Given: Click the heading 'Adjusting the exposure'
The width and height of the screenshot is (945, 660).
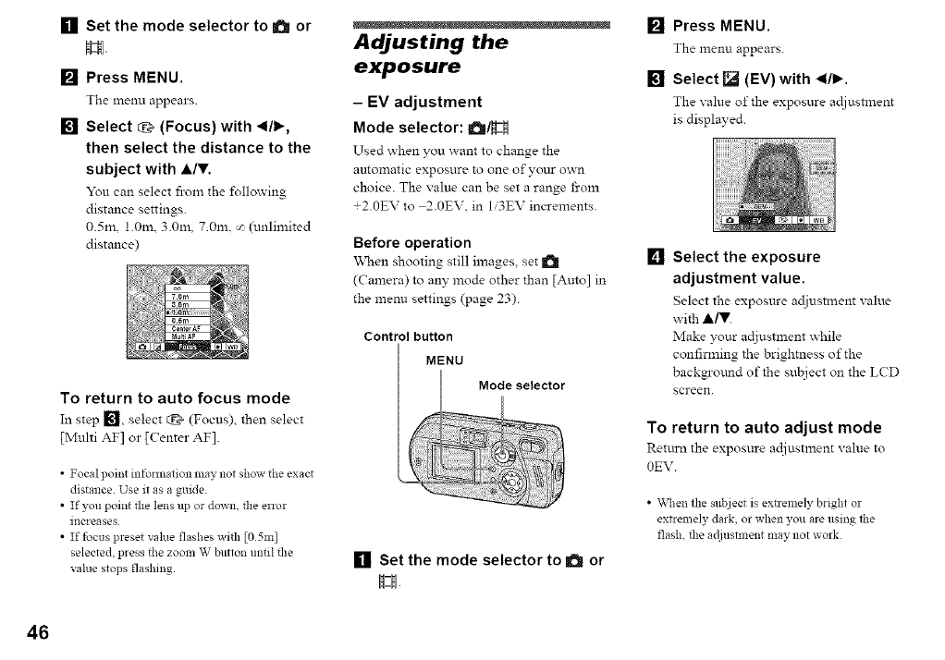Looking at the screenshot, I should (x=431, y=55).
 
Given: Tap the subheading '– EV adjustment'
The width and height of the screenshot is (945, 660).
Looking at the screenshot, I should (x=418, y=102).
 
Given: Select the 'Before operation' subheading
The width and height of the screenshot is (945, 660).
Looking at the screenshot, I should (x=412, y=242).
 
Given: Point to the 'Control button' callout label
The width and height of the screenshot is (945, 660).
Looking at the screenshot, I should (x=399, y=336).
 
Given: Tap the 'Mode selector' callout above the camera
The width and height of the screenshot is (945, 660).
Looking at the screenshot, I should (x=522, y=385).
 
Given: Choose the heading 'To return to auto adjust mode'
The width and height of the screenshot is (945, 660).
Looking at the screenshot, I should (x=764, y=427).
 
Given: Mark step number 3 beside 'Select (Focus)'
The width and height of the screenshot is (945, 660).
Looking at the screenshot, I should (x=67, y=127).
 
